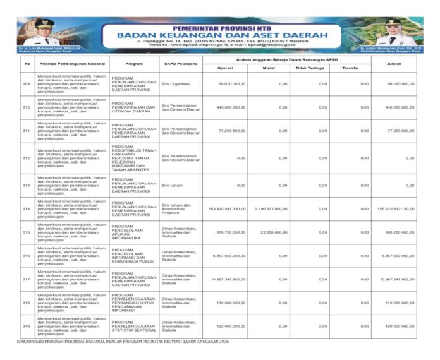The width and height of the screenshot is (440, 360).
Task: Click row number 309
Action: coord(26,84)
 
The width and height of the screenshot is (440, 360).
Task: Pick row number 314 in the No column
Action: coord(26,208)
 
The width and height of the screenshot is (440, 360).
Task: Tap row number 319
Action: coord(26,327)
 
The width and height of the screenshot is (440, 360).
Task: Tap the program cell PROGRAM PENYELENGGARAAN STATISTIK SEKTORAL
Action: coord(133,327)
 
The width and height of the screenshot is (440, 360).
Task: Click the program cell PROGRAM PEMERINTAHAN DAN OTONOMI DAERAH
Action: coord(133,107)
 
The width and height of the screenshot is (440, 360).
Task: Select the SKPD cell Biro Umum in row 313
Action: coord(171,185)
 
